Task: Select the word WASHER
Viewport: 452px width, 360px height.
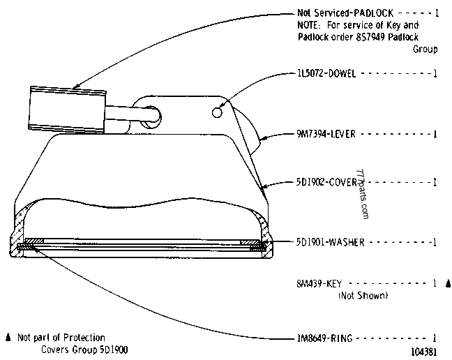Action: tap(347, 242)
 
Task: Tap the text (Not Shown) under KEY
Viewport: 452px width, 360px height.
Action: tap(363, 295)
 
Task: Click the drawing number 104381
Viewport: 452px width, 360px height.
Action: tap(424, 352)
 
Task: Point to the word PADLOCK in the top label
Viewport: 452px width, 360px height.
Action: tap(373, 13)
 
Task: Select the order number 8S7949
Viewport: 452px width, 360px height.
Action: tap(370, 37)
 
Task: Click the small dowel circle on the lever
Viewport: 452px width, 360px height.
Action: tap(217, 112)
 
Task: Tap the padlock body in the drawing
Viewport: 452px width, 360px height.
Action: tap(68, 110)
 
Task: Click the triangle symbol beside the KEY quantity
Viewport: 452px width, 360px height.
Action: tap(448, 284)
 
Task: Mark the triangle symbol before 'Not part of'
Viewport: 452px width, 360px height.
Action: tap(8, 337)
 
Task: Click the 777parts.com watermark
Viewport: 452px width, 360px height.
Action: tap(363, 194)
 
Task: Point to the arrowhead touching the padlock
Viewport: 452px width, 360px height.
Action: tap(75, 86)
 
